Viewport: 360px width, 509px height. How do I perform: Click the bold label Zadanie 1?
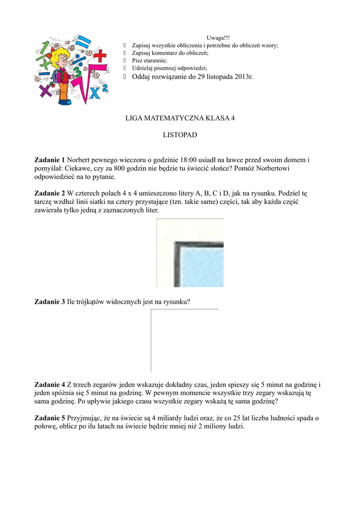[50, 160]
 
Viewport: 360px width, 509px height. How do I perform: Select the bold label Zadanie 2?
[50, 193]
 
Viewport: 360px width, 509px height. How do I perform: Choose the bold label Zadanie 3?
[50, 301]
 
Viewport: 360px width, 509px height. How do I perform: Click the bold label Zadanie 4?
[50, 384]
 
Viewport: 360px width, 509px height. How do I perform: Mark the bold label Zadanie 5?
[50, 418]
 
